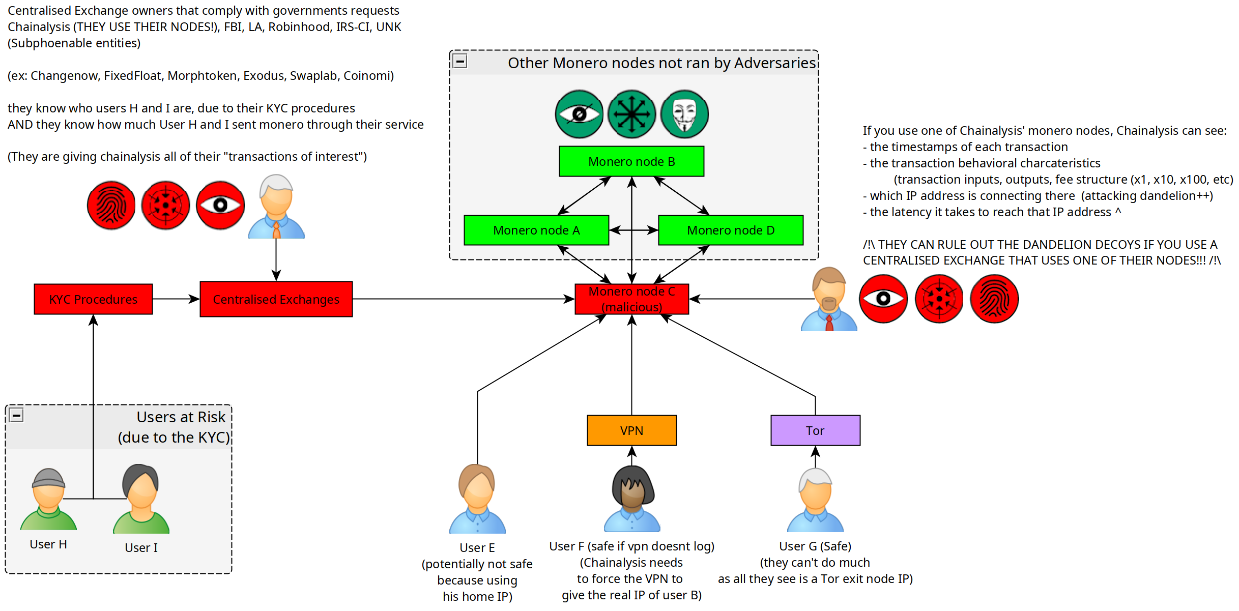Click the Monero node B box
pos(631,161)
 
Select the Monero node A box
pos(536,230)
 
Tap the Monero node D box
pos(731,230)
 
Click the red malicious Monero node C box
pos(631,299)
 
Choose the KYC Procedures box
pos(93,299)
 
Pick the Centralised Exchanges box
pos(276,299)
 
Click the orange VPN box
pos(631,430)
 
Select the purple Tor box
pos(815,430)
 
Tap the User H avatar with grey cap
pos(48,499)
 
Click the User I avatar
pos(141,499)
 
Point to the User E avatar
pos(477,499)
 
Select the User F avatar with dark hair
pos(632,499)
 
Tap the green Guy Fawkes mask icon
pos(684,114)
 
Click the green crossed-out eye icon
pos(579,114)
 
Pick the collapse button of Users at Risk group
pos(16,416)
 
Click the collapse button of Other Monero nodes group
pos(460,61)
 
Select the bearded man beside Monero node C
pos(829,299)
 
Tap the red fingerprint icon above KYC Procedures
pos(111,205)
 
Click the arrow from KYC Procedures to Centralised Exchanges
pos(176,299)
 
